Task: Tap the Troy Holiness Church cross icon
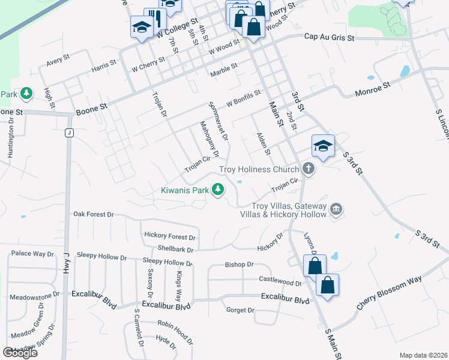point(309,169)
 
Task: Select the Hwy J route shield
point(70,133)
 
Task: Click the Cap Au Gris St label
point(330,37)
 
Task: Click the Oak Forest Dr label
point(93,214)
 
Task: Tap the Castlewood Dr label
point(280,281)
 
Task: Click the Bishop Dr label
point(240,264)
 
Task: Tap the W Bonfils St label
point(244,99)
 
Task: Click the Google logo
point(20,352)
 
